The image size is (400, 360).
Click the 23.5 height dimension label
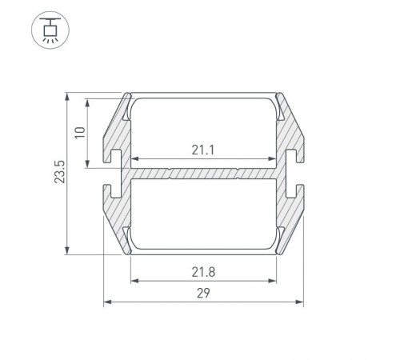(x=60, y=172)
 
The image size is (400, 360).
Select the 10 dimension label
(x=80, y=132)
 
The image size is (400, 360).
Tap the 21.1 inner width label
(x=203, y=150)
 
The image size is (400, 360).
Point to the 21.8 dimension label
(x=203, y=272)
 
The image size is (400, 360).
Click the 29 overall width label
(x=203, y=294)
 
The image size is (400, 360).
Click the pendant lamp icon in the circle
(x=50, y=30)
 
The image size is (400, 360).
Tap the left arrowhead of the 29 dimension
(x=107, y=302)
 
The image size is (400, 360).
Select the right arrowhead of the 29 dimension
(x=300, y=302)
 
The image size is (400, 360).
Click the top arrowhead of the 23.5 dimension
(x=67, y=97)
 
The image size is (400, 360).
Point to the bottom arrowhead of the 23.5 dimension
(x=67, y=250)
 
